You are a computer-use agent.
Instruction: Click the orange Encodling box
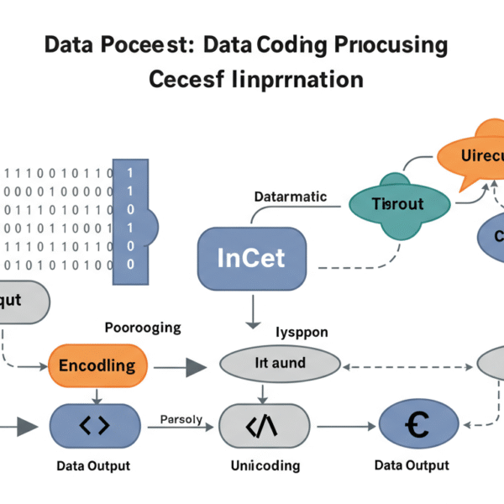tap(97, 365)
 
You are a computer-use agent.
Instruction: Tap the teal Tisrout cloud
tap(397, 203)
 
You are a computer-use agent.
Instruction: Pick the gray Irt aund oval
tap(280, 364)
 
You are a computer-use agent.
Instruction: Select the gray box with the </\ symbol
tap(260, 426)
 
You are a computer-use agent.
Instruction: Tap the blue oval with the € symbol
tap(412, 426)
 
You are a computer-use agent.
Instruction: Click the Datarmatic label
tap(290, 196)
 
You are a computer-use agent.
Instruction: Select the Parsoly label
tap(181, 419)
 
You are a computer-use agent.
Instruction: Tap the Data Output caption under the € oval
tap(412, 465)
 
